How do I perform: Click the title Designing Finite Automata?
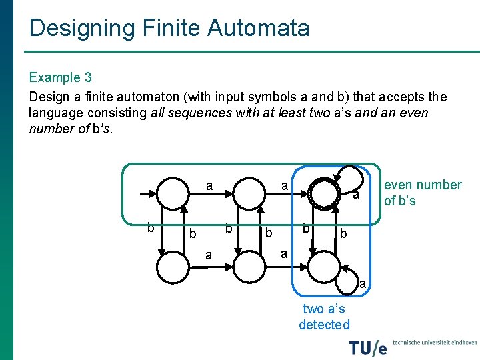(x=169, y=28)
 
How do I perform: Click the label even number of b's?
(x=422, y=193)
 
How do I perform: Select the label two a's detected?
(x=324, y=317)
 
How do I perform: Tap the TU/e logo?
(x=368, y=347)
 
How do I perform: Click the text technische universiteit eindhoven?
(x=435, y=342)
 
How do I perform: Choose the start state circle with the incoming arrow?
(x=173, y=195)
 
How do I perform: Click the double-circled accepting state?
(x=325, y=195)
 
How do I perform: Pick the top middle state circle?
(x=250, y=195)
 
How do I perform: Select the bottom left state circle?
(x=173, y=269)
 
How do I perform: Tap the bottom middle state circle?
(x=250, y=269)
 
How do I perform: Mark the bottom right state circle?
(x=325, y=269)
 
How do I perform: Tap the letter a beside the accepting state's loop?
(x=357, y=195)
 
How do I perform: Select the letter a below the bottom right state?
(x=363, y=285)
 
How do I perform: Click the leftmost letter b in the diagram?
(x=151, y=227)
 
